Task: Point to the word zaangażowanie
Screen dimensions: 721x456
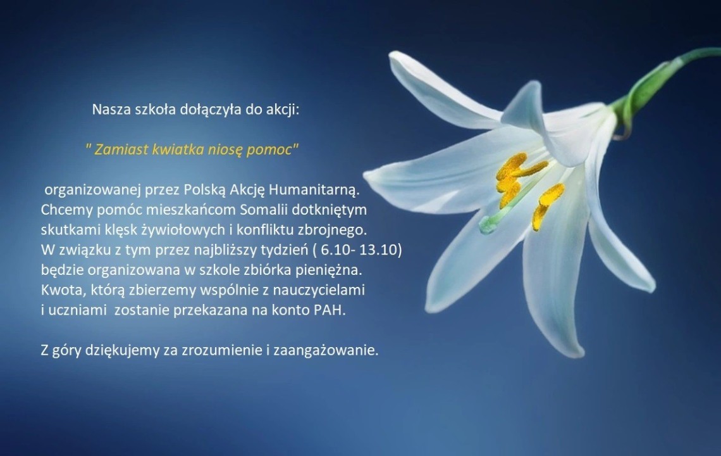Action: pos(326,351)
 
